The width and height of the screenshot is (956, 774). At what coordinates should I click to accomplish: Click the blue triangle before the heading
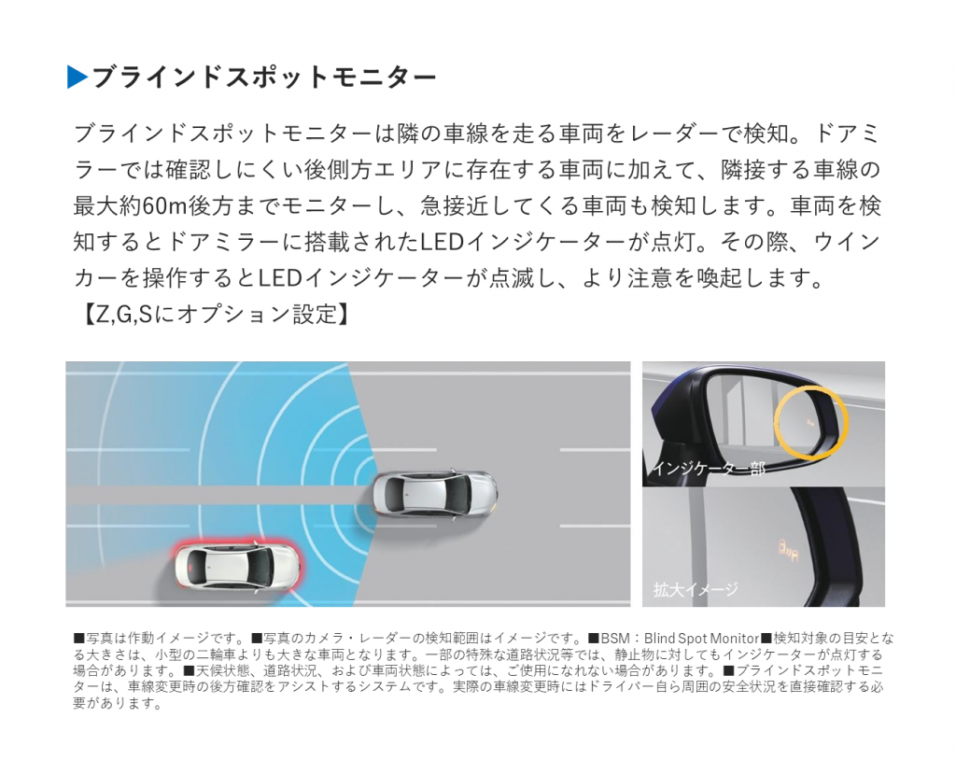click(x=77, y=77)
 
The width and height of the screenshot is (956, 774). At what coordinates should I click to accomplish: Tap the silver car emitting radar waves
click(x=434, y=494)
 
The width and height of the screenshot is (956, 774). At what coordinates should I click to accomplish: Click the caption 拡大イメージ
click(x=696, y=589)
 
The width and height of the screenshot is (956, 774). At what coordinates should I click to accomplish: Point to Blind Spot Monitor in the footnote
click(x=701, y=639)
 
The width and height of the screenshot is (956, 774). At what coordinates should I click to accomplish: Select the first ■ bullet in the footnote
click(x=78, y=639)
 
